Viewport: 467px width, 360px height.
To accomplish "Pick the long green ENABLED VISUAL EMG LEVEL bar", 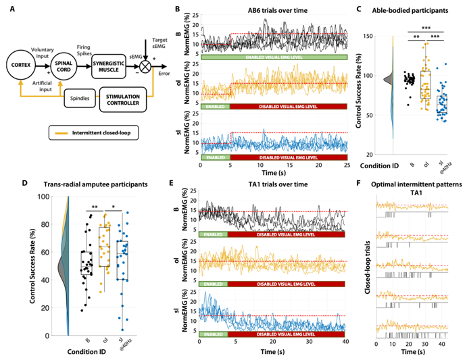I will pyautogui.click(x=273, y=58).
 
